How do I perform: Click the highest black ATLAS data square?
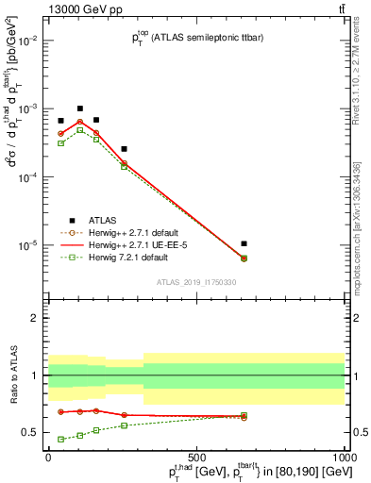[x=80, y=108]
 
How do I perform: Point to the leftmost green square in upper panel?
[x=60, y=143]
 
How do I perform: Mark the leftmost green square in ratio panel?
[x=60, y=439]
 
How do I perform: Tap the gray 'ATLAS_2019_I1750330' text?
[x=196, y=282]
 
